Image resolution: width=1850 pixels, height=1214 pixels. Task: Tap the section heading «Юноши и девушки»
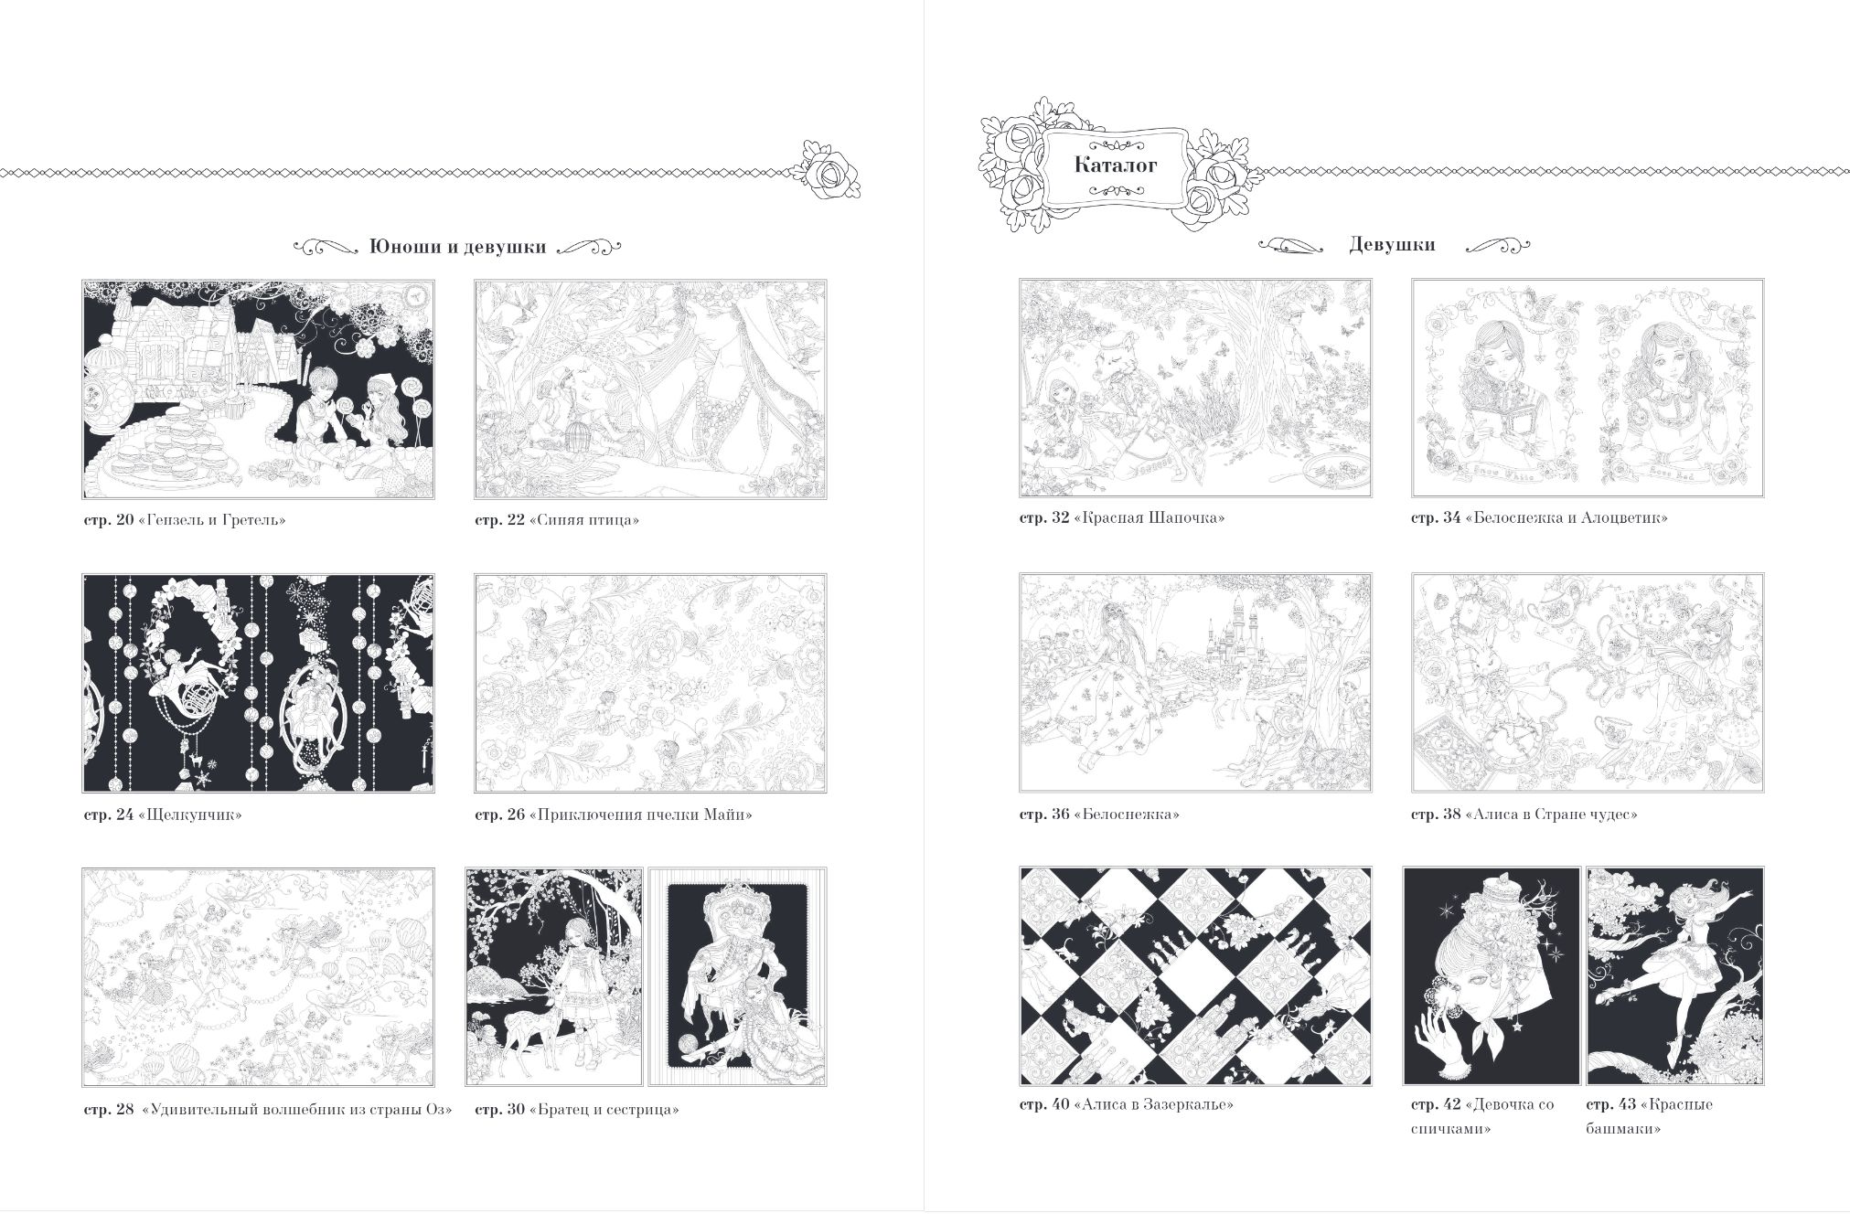[x=457, y=247]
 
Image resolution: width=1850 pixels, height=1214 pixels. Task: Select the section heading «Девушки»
[x=1392, y=245]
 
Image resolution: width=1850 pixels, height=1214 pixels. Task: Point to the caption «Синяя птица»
[x=583, y=520]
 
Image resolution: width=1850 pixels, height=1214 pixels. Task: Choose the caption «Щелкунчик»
[x=190, y=815]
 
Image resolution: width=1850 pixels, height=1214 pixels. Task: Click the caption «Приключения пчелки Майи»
[x=640, y=815]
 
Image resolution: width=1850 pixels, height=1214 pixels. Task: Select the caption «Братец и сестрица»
[x=604, y=1110]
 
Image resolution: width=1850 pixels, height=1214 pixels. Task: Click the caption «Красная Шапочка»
[x=1150, y=517]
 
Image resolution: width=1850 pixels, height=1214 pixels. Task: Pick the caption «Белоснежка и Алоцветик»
[x=1567, y=517]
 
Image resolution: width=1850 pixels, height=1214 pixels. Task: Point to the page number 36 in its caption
[x=1059, y=814]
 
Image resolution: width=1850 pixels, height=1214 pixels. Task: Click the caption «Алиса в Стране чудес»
[x=1551, y=814]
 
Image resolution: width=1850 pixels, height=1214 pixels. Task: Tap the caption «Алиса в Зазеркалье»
[x=1153, y=1104]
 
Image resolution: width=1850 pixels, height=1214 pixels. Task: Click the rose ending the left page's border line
[x=830, y=171]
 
